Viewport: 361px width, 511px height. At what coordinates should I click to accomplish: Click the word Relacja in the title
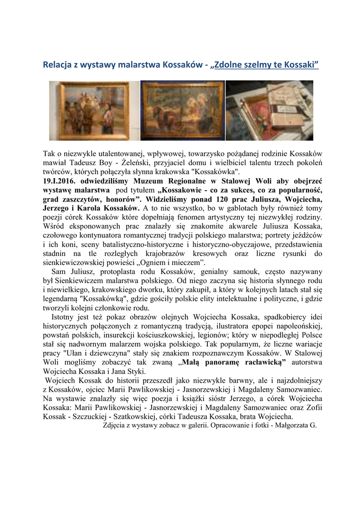pos(56,65)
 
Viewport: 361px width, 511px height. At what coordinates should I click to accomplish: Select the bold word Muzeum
pos(151,181)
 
